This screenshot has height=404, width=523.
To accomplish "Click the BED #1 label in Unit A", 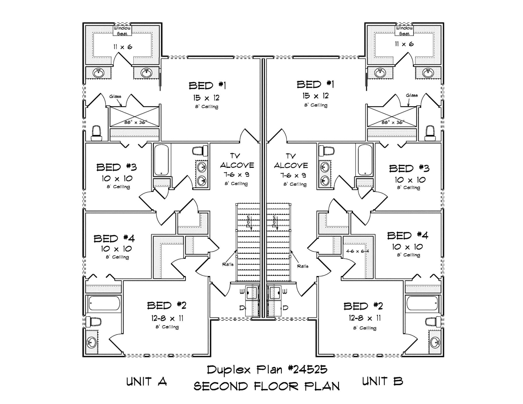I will [x=207, y=86].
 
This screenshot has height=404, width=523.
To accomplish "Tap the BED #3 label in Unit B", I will [x=409, y=168].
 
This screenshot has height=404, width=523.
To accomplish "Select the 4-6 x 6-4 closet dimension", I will [x=357, y=251].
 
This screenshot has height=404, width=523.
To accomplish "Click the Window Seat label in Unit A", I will [x=122, y=31].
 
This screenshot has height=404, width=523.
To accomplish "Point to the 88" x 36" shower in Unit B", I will [x=392, y=117].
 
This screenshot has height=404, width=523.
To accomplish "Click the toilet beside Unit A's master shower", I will [x=97, y=133].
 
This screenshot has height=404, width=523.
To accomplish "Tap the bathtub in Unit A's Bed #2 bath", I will [x=104, y=303].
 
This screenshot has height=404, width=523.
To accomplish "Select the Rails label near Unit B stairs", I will [x=303, y=266].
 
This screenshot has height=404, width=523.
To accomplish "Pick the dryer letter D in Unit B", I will [x=286, y=308].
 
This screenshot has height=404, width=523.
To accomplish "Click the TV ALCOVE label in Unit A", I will [x=237, y=161].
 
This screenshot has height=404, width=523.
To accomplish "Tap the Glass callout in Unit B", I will [x=412, y=95].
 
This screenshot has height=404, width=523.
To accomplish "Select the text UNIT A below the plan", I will [x=147, y=382].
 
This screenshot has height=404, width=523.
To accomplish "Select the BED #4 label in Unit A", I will [x=114, y=239].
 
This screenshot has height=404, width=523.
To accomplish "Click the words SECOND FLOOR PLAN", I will [x=267, y=386].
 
